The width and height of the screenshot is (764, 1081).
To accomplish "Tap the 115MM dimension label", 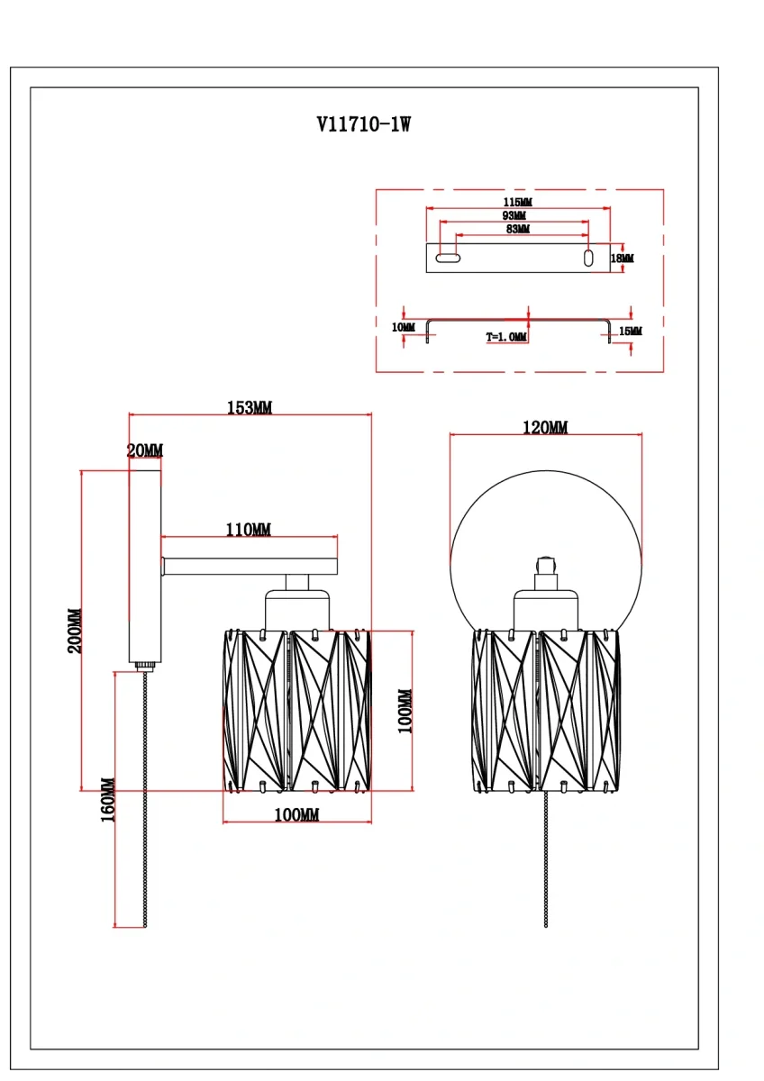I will (x=517, y=203).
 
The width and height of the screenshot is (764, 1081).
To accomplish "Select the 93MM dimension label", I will (x=515, y=216).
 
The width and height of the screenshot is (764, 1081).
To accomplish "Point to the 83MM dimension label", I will (x=517, y=230).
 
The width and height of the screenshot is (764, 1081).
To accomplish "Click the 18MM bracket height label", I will (x=622, y=259).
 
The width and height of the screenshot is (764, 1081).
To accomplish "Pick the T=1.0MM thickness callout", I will (x=506, y=337).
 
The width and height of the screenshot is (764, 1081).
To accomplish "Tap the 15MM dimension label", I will (x=631, y=332).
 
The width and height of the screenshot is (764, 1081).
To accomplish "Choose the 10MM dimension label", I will (x=404, y=327).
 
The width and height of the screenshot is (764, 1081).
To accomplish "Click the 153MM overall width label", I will (x=249, y=408).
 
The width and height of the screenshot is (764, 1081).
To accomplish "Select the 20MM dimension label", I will (x=145, y=450).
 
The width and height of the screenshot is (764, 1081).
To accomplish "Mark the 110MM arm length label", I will (x=248, y=530).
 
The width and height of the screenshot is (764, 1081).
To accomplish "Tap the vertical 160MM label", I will (x=108, y=800).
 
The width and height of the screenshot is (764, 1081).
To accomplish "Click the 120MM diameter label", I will (x=546, y=428).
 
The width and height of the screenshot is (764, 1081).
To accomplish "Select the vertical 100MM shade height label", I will (x=405, y=711).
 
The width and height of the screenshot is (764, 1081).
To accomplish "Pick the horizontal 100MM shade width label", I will (x=296, y=815).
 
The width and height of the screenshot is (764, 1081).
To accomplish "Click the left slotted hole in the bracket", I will (x=448, y=259).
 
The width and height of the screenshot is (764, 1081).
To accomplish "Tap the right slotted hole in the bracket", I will (x=588, y=259).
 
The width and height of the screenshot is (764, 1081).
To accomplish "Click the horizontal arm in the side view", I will (x=250, y=566).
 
